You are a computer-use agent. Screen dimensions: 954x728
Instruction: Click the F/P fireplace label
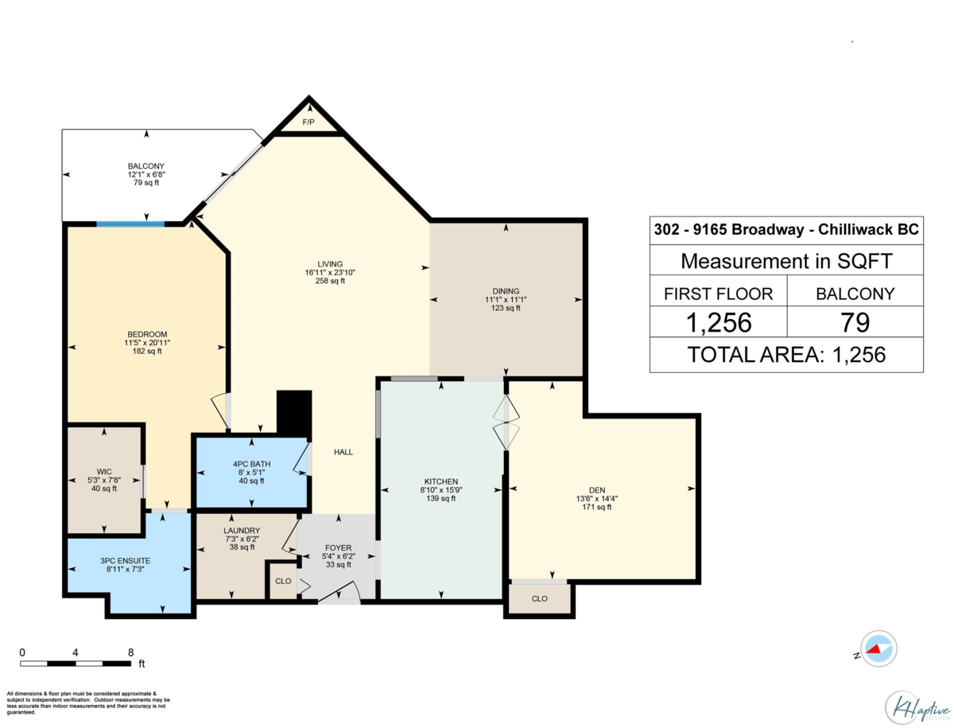(308, 123)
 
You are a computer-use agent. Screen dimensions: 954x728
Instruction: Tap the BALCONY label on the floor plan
(146, 166)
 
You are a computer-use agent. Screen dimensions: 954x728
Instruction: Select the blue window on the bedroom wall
(130, 224)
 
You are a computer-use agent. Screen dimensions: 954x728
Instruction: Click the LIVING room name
(330, 264)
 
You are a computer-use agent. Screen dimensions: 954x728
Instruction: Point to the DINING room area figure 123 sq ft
(506, 308)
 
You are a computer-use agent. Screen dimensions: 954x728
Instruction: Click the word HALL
(343, 452)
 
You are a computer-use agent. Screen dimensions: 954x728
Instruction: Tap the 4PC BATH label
(251, 464)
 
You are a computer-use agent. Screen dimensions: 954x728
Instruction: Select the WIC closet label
(104, 472)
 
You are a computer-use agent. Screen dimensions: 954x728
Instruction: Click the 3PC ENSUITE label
(125, 561)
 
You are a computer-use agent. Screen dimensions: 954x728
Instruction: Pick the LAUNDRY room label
(242, 531)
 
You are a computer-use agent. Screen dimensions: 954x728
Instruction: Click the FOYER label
(338, 548)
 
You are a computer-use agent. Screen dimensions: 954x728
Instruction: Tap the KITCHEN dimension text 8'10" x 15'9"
(440, 489)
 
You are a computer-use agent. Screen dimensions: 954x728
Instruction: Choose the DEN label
(597, 490)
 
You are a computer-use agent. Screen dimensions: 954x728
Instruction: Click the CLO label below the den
(539, 599)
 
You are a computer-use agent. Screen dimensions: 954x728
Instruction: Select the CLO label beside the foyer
(283, 581)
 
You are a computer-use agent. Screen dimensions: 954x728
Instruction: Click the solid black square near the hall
(294, 413)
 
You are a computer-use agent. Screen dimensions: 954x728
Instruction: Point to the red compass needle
(874, 650)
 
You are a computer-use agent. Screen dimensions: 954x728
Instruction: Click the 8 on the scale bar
(131, 652)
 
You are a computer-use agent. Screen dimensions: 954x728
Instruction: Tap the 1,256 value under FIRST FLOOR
(719, 322)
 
